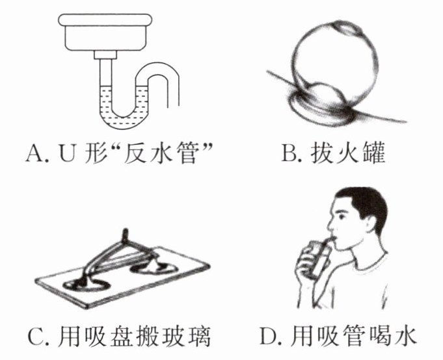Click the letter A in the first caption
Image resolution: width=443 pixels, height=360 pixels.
(x=34, y=154)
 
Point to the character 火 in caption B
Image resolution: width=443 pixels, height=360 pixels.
(x=346, y=154)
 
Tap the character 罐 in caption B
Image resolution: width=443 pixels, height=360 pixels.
(x=374, y=154)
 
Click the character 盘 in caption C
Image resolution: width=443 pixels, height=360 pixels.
(x=121, y=337)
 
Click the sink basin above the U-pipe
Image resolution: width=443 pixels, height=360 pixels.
(x=105, y=32)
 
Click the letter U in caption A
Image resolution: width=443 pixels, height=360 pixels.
(x=68, y=154)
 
